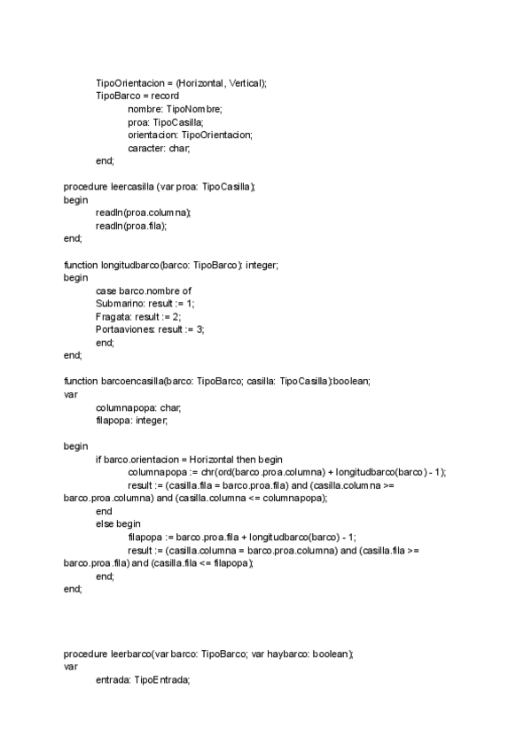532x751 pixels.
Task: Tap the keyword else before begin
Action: pyautogui.click(x=104, y=524)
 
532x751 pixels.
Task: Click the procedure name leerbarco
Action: pyautogui.click(x=130, y=654)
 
